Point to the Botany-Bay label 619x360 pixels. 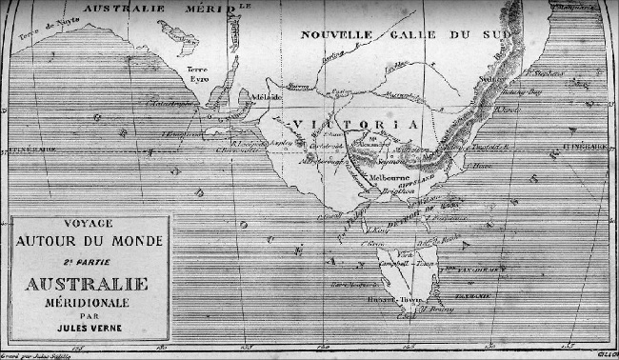pyautogui.click(x=525, y=92)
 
